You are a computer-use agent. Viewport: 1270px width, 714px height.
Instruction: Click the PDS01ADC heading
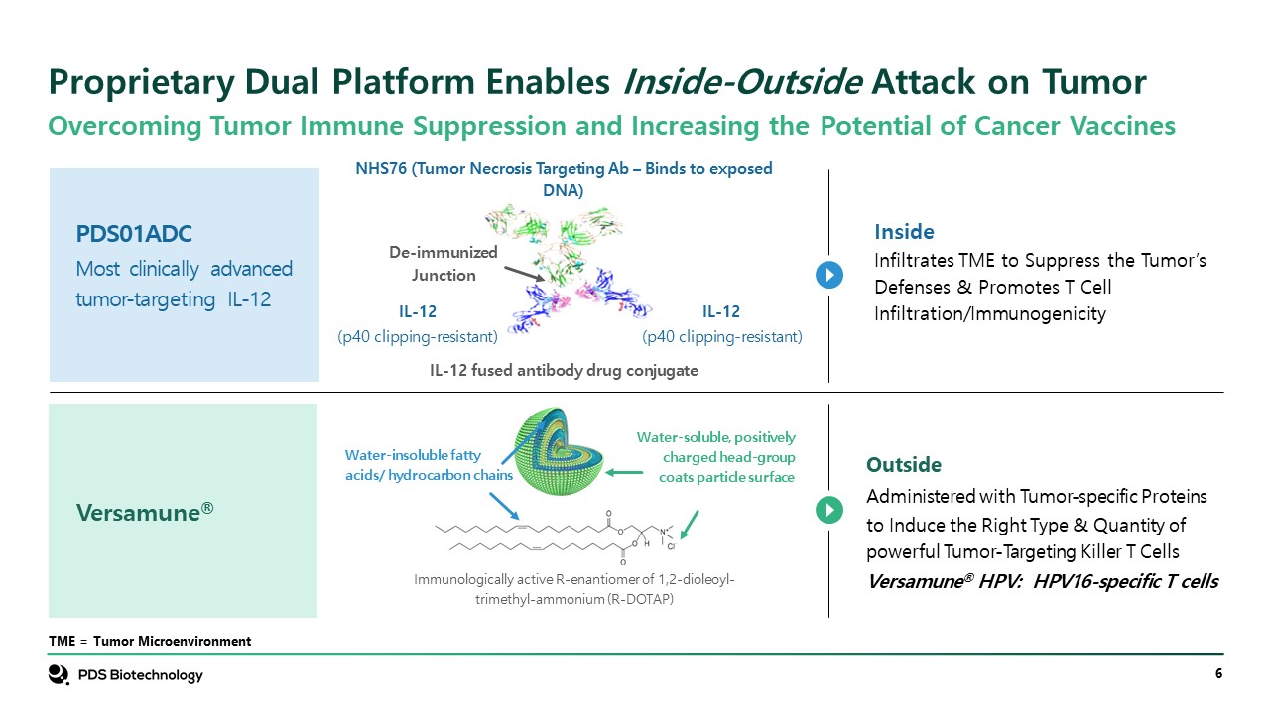tap(134, 234)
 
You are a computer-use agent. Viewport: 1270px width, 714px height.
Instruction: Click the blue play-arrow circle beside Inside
tap(829, 275)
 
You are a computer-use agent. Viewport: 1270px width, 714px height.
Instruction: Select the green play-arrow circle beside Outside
tap(829, 510)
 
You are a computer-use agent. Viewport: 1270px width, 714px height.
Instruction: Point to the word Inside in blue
tap(904, 232)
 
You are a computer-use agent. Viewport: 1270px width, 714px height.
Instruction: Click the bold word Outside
tap(904, 465)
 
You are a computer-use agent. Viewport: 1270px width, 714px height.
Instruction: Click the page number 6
tap(1217, 675)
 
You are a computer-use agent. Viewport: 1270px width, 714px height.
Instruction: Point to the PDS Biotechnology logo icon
tap(58, 675)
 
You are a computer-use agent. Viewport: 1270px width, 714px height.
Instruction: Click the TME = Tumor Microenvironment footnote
tap(150, 642)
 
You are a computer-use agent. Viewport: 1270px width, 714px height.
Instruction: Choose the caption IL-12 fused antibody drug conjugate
tap(564, 370)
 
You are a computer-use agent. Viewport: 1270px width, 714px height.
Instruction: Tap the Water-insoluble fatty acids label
tap(429, 465)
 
